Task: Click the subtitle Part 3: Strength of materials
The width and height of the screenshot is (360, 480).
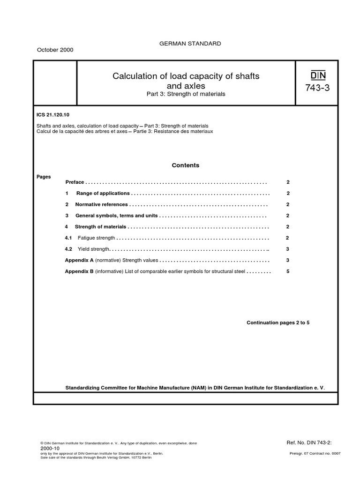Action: click(186, 94)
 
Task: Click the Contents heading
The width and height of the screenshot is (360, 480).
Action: click(185, 165)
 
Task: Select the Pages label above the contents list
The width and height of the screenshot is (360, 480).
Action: click(44, 177)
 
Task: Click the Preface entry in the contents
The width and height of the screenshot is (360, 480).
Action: click(75, 182)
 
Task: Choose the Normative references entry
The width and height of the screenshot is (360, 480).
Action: click(101, 204)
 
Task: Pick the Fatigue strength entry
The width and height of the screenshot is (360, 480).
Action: click(96, 238)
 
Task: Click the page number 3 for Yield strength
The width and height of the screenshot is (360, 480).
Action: click(287, 249)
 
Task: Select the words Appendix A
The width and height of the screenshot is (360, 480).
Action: click(79, 260)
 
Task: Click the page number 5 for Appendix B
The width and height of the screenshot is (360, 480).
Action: click(287, 271)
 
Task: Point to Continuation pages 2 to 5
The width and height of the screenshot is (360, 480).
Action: click(278, 323)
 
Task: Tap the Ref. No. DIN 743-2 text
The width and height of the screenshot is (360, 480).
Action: click(311, 442)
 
